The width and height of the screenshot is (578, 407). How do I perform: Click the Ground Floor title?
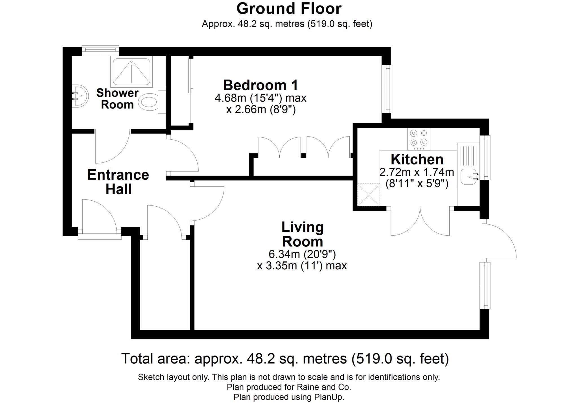point(289,8)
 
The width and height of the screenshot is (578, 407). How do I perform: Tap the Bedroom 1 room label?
point(260,85)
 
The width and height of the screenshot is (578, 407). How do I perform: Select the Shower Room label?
point(117,99)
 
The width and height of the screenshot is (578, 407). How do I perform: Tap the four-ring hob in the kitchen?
point(419,139)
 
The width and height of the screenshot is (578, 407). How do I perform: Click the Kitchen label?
point(417,160)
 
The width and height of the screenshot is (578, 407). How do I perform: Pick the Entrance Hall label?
point(118,182)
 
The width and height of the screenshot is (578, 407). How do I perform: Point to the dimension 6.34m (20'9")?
point(302,254)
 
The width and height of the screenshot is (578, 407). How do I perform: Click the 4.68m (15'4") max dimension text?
point(260,98)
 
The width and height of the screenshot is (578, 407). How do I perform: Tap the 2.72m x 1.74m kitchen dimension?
point(417,172)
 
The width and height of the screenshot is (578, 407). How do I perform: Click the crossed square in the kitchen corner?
point(368,194)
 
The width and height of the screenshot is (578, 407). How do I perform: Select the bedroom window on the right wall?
point(388,89)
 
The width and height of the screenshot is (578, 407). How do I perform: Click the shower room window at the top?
point(100,50)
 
